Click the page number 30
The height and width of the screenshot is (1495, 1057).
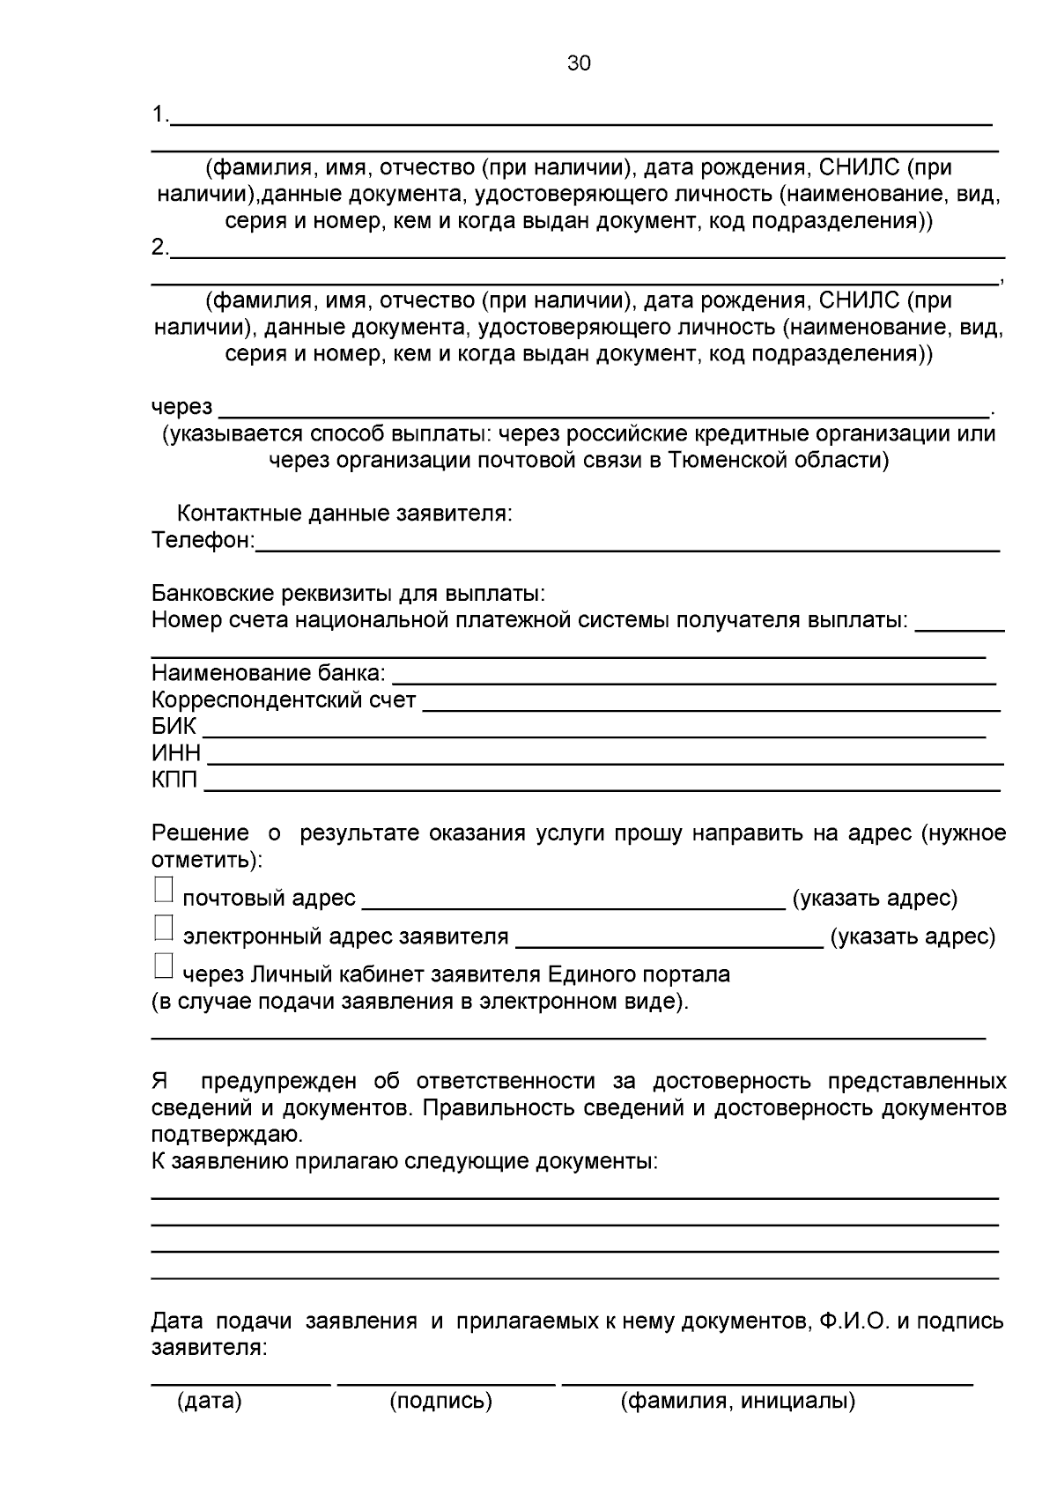(x=579, y=63)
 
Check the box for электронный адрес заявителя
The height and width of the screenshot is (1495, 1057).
(x=163, y=929)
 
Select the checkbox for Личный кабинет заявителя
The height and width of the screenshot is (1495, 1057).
(x=163, y=966)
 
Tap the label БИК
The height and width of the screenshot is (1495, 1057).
(x=174, y=728)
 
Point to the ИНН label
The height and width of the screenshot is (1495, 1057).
(x=176, y=754)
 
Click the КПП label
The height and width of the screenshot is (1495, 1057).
(x=174, y=781)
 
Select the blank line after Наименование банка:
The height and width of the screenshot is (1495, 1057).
(x=693, y=677)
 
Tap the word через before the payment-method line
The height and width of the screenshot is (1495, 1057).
(x=181, y=407)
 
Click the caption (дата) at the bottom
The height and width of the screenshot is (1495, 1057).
(x=210, y=1402)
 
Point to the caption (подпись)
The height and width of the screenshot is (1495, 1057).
(x=440, y=1402)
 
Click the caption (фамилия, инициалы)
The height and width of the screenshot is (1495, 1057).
(x=738, y=1402)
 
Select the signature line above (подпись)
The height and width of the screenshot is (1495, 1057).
(x=447, y=1380)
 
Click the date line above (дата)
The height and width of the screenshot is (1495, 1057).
(x=241, y=1380)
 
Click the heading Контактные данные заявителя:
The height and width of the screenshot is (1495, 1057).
(x=344, y=514)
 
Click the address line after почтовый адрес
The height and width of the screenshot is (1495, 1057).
(x=573, y=901)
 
